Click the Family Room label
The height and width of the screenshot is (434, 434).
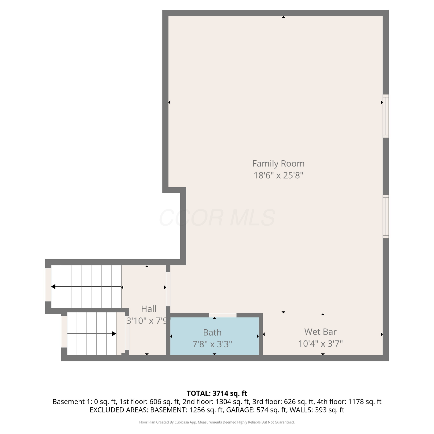pyautogui.click(x=278, y=164)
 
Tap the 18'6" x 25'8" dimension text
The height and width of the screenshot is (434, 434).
pyautogui.click(x=278, y=175)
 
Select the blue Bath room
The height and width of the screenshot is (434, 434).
pyautogui.click(x=214, y=336)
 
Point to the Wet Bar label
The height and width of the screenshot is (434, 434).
pyautogui.click(x=320, y=332)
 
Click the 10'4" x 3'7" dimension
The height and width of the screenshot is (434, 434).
pyautogui.click(x=320, y=343)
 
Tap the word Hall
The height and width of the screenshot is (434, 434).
pyautogui.click(x=149, y=309)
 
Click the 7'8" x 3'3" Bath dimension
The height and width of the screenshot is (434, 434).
pyautogui.click(x=212, y=344)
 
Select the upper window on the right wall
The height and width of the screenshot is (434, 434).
pyautogui.click(x=386, y=116)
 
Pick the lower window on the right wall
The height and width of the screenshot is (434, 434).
pyautogui.click(x=386, y=216)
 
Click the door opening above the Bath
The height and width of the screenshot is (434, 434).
pyautogui.click(x=223, y=315)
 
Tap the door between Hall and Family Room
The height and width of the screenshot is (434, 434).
pyautogui.click(x=168, y=289)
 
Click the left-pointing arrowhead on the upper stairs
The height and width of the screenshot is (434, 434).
pyautogui.click(x=53, y=287)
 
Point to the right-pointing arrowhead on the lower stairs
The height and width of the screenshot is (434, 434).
pyautogui.click(x=114, y=334)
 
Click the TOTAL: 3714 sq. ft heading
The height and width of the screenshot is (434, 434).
pyautogui.click(x=217, y=393)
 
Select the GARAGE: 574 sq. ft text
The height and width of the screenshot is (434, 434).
pyautogui.click(x=256, y=410)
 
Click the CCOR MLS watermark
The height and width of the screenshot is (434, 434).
pyautogui.click(x=217, y=218)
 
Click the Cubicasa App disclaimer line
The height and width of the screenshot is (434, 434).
pyautogui.click(x=217, y=422)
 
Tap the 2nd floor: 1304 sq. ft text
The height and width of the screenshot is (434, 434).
pyautogui.click(x=216, y=402)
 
